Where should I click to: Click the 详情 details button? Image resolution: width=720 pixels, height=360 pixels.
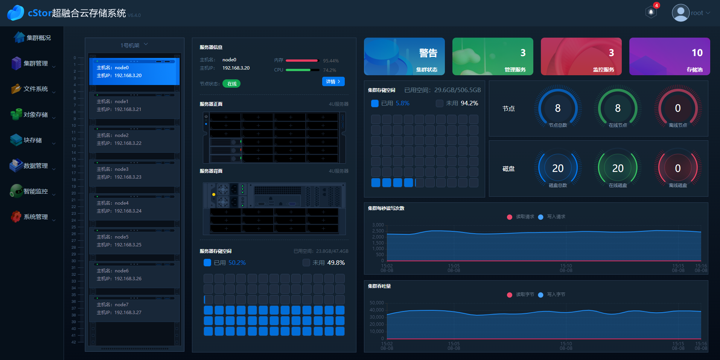point(333,82)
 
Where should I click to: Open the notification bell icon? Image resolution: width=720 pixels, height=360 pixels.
point(651,12)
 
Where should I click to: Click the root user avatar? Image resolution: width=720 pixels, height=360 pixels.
point(680,13)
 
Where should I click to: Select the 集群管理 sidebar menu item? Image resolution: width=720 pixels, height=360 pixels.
point(35,64)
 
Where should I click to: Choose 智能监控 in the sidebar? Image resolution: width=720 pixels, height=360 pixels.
point(35,191)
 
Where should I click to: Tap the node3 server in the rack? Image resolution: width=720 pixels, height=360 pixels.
point(134,173)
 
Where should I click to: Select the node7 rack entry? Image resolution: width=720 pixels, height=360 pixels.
point(134,308)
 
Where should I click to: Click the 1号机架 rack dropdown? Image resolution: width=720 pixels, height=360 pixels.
point(134,45)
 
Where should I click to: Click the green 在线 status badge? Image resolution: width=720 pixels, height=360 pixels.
point(231,84)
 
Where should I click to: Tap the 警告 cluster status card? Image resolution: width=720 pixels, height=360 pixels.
point(404,56)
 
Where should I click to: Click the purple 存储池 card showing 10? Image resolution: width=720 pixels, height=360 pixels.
point(669,56)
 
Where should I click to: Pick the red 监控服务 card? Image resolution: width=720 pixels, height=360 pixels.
point(581,56)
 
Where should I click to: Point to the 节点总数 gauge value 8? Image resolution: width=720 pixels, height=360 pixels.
point(558,108)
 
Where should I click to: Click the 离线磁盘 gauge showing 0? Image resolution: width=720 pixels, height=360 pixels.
point(677,168)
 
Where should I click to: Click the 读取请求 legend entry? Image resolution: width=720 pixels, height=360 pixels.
point(521,217)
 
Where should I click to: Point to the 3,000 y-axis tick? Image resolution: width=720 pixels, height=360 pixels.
point(378,225)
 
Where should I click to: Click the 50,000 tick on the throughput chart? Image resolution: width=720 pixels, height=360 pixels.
point(376,303)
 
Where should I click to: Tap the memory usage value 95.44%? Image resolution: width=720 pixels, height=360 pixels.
point(331,61)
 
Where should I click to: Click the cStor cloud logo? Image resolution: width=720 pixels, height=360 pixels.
point(15,13)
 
